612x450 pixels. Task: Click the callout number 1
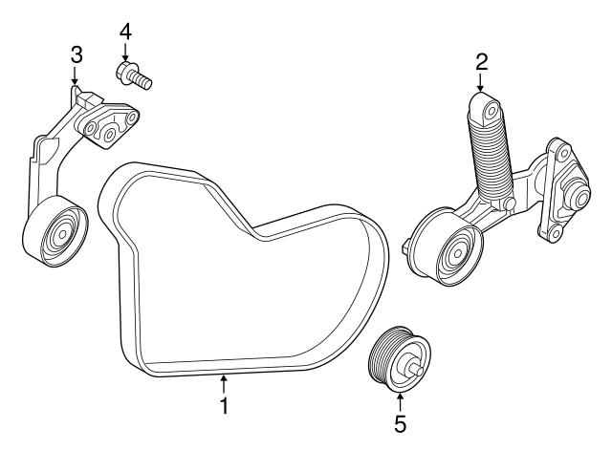pos(224,406)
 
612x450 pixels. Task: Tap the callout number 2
pos(482,63)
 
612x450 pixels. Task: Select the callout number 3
pos(76,54)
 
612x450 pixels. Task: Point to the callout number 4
pos(125,31)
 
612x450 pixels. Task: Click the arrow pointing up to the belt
pos(224,384)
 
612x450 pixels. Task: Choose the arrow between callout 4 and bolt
pos(125,51)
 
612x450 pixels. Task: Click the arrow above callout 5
pos(400,399)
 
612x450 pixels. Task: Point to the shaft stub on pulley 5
pos(414,362)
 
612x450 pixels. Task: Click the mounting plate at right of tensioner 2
pos(558,190)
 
